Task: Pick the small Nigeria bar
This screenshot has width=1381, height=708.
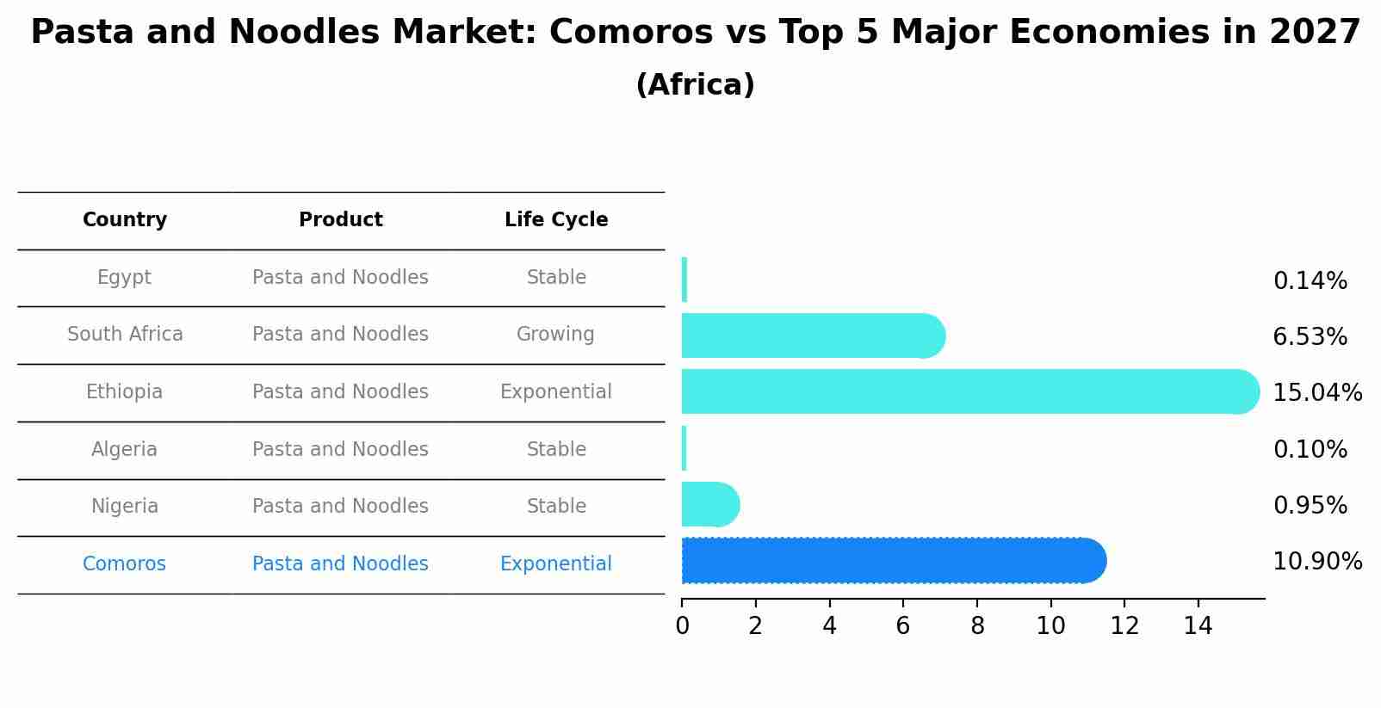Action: pyautogui.click(x=709, y=504)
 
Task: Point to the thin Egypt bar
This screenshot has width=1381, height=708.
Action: pyautogui.click(x=684, y=280)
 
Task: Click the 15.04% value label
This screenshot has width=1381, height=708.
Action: pyautogui.click(x=1316, y=393)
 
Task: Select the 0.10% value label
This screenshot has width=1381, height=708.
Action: pyautogui.click(x=1310, y=450)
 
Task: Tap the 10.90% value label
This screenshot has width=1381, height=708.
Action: pyautogui.click(x=1316, y=562)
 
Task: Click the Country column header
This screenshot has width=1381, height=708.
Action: pyautogui.click(x=125, y=220)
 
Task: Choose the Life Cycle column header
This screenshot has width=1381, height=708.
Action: pyautogui.click(x=556, y=220)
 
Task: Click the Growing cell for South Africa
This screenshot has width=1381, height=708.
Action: pyautogui.click(x=555, y=335)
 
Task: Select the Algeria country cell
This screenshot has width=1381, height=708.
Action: pyautogui.click(x=125, y=450)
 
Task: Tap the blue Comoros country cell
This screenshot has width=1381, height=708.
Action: pyautogui.click(x=125, y=564)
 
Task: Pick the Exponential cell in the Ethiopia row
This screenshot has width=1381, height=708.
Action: pyautogui.click(x=555, y=392)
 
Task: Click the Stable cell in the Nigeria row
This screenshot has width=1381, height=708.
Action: pyautogui.click(x=556, y=507)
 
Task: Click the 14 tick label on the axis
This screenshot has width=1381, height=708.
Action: pyautogui.click(x=1198, y=626)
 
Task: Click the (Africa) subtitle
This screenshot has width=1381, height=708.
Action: pyautogui.click(x=695, y=85)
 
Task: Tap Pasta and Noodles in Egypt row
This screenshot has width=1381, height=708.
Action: pyautogui.click(x=340, y=278)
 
